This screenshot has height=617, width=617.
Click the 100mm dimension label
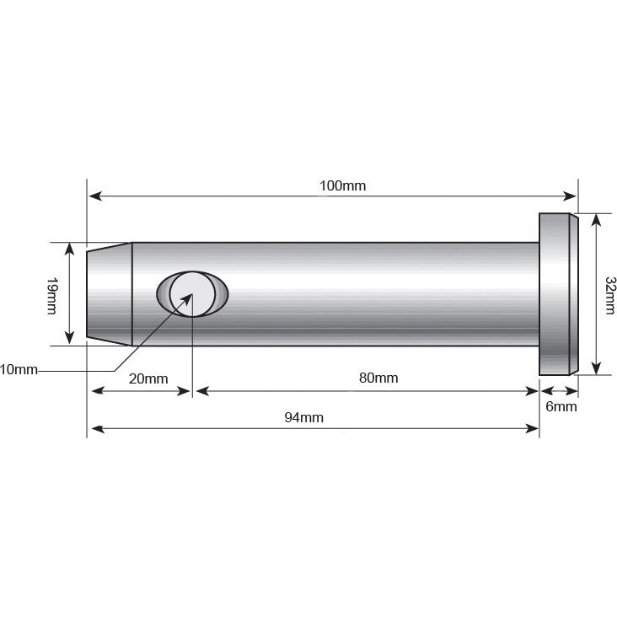coord(342,185)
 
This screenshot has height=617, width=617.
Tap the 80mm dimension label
coord(378,378)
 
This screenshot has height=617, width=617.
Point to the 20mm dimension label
coord(148,378)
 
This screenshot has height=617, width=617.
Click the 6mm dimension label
coord(561,406)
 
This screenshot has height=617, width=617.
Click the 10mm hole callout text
coord(19,370)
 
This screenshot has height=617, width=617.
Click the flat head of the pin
coord(558,293)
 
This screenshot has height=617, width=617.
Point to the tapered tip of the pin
coord(110,293)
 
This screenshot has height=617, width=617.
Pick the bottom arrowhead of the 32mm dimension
coord(596,368)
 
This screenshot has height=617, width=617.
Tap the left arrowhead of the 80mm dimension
coord(201,390)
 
